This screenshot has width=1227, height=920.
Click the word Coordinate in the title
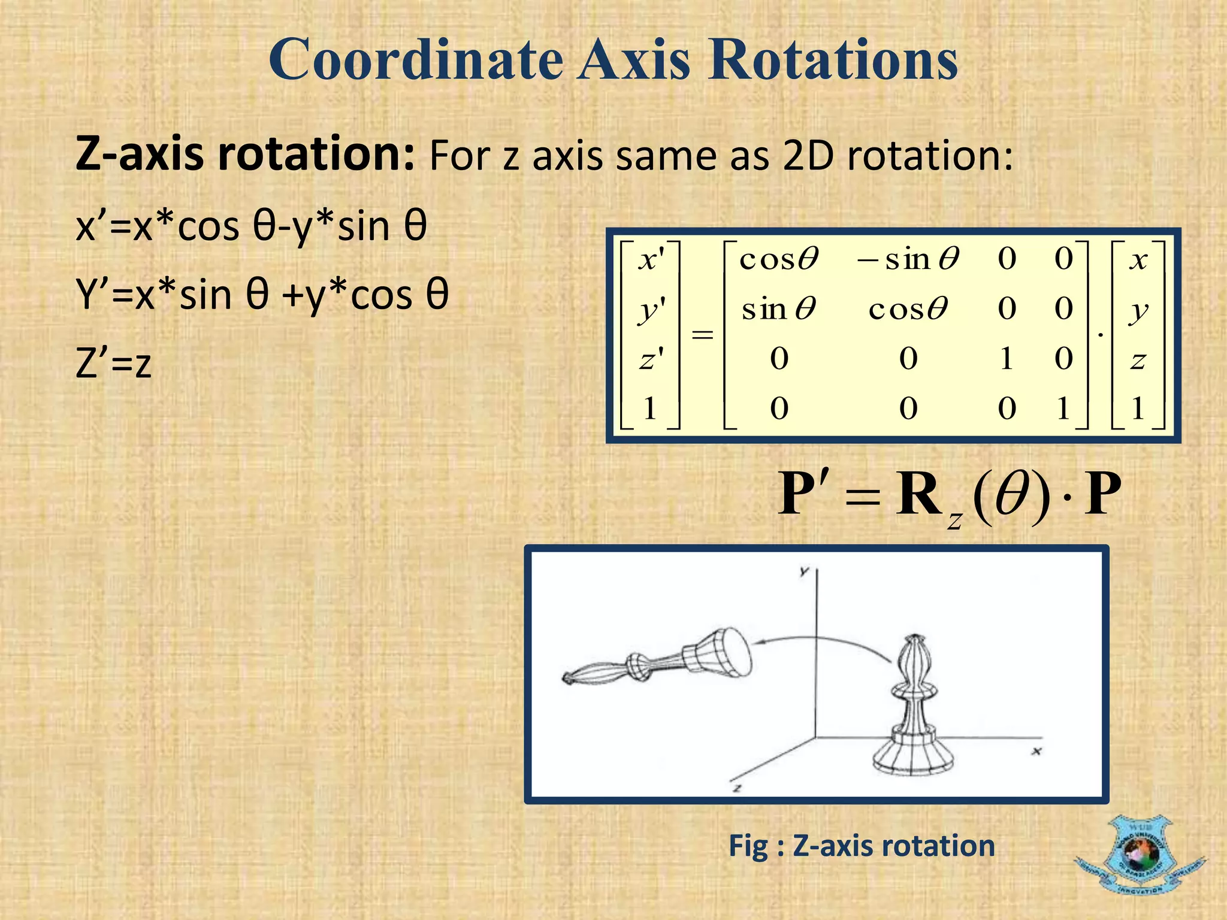tap(415, 60)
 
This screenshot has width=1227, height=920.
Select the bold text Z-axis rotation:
tap(244, 155)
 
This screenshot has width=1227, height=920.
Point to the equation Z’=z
tap(114, 364)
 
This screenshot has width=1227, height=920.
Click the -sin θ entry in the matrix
tap(908, 259)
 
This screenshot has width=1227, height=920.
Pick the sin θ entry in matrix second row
tap(778, 310)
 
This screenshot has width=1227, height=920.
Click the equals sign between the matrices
tap(702, 334)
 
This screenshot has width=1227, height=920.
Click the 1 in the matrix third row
tap(1007, 359)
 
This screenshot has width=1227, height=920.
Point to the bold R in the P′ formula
tap(918, 495)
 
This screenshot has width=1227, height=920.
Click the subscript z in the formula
tap(954, 520)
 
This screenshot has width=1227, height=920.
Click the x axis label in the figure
tap(1036, 750)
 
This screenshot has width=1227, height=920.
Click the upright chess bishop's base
tap(912, 758)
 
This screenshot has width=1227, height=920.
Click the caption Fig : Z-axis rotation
tap(862, 846)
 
